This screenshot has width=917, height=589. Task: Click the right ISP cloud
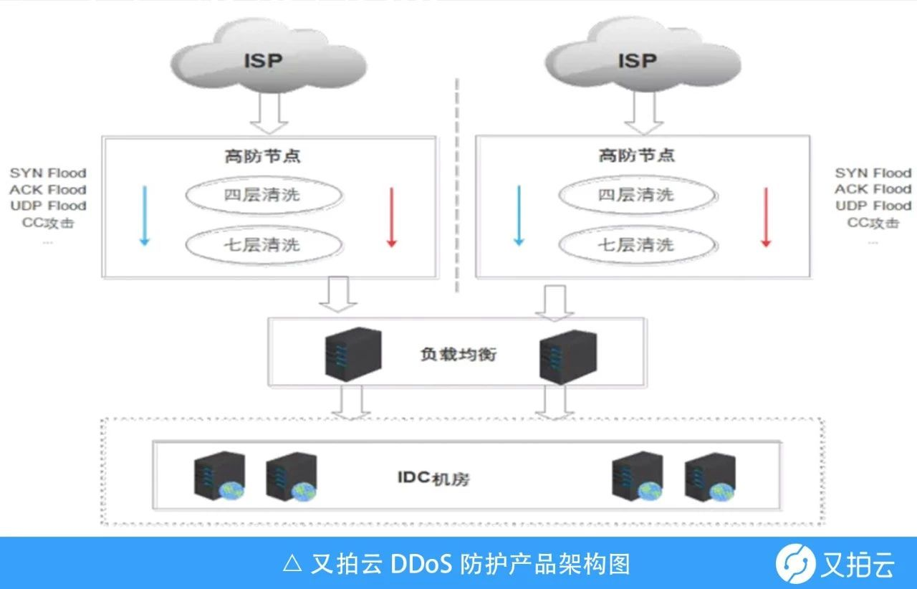coord(636,61)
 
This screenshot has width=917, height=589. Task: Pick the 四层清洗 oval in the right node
coord(636,195)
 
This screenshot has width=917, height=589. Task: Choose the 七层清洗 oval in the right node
coord(636,245)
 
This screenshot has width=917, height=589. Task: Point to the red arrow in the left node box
coord(391,217)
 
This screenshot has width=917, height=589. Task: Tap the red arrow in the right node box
coord(765,217)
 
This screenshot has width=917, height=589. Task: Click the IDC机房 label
coord(433,478)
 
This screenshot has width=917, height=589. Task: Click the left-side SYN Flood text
coord(48,173)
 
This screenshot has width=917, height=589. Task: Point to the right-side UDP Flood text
coord(873,206)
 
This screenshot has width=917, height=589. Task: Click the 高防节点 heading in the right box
coord(636,155)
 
